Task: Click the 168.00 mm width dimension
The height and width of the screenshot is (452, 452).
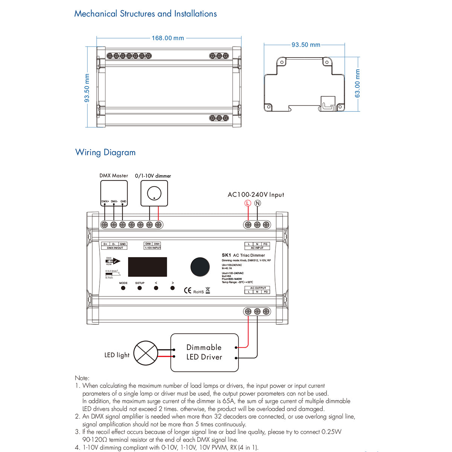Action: (168, 38)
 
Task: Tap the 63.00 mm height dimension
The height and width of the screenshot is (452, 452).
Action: (357, 84)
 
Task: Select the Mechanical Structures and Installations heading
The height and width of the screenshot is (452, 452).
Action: (145, 14)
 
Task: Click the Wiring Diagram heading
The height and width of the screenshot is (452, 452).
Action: (105, 153)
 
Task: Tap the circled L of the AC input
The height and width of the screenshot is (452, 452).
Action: (247, 203)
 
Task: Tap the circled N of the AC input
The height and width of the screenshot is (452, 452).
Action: (258, 203)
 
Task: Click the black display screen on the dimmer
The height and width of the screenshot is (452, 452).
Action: (147, 267)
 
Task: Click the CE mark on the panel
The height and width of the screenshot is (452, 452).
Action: (188, 290)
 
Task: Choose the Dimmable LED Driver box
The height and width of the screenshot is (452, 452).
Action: (205, 353)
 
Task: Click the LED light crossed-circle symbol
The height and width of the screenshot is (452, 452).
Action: (146, 353)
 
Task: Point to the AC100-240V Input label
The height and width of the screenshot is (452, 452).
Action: (256, 195)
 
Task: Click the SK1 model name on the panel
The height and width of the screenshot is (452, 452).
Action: (226, 255)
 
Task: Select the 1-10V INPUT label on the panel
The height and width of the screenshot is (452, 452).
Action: (153, 248)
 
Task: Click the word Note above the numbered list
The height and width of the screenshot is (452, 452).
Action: (82, 378)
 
